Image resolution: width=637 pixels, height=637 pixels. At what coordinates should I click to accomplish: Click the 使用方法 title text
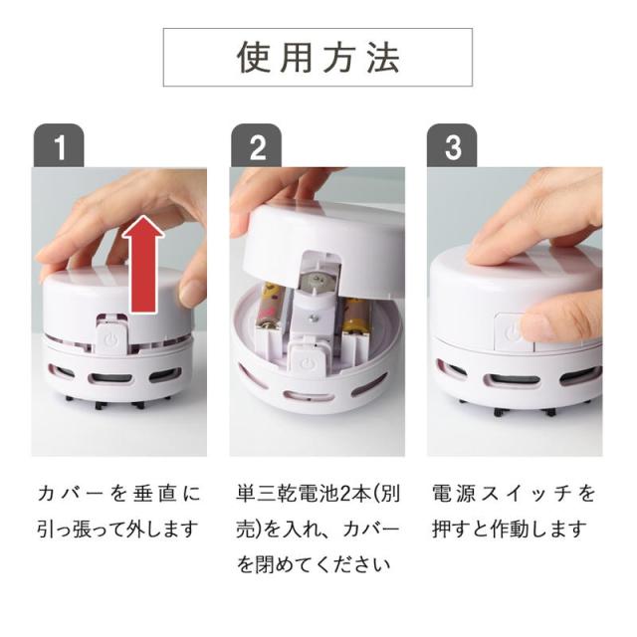[318, 58]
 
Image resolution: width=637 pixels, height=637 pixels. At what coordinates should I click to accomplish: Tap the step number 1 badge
[59, 146]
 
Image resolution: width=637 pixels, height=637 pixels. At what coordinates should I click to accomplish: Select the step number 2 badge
[257, 146]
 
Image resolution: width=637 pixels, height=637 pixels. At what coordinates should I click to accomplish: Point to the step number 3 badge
[452, 146]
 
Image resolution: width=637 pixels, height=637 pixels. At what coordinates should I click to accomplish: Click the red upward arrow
[143, 264]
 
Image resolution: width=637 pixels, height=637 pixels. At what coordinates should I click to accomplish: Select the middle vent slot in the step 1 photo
[110, 379]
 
